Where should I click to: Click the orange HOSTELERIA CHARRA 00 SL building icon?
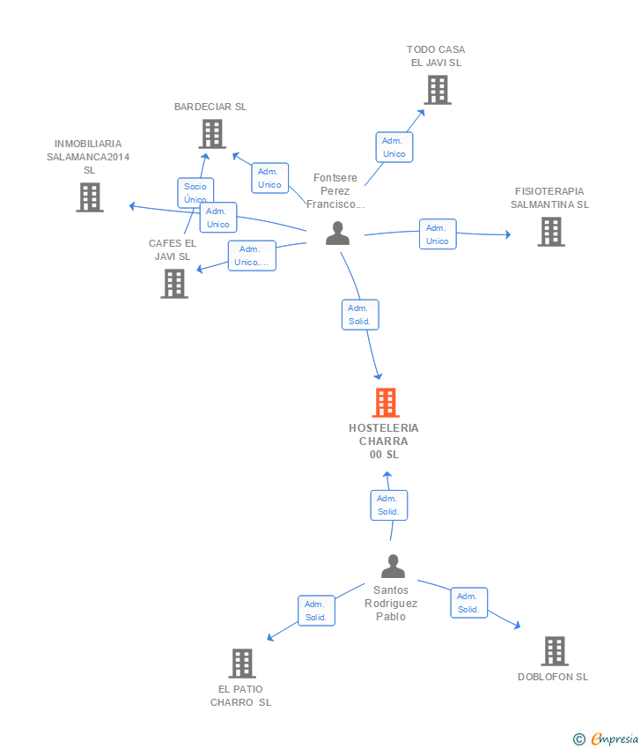[386, 403]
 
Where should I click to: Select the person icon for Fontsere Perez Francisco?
[337, 234]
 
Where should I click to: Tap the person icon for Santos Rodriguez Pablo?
[393, 567]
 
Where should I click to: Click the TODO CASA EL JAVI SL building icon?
[437, 90]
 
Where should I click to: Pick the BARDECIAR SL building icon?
[212, 134]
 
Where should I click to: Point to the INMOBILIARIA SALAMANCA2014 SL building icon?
[89, 197]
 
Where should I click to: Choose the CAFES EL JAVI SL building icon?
[174, 284]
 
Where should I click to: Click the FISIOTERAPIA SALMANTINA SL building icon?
[551, 232]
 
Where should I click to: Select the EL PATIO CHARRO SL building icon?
[241, 664]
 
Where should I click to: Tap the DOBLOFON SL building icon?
[554, 651]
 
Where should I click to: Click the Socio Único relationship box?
[195, 193]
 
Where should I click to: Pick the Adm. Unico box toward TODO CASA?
[394, 147]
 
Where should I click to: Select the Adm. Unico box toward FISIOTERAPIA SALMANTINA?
[437, 234]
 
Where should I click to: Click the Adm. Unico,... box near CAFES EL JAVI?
[252, 256]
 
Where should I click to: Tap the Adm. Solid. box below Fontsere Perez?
[359, 315]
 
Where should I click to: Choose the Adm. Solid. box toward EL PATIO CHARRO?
[315, 611]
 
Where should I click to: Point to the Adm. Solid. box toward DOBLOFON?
[468, 603]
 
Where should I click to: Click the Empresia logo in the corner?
[606, 739]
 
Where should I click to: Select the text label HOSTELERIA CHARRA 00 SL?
[384, 441]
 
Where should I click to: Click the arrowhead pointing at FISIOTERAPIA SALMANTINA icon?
[506, 235]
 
